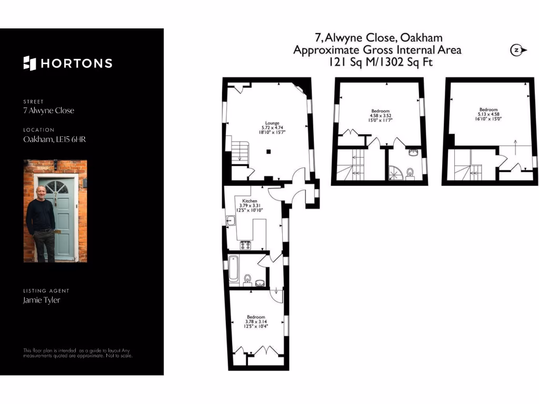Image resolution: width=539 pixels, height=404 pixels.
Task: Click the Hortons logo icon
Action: [x=29, y=63]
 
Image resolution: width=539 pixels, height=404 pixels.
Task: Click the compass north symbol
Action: [x=517, y=50]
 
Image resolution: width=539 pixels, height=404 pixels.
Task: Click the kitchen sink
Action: [x=230, y=221]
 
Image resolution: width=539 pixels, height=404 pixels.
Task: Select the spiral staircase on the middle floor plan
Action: [x=395, y=171]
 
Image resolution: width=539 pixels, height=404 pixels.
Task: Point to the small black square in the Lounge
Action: [x=268, y=152]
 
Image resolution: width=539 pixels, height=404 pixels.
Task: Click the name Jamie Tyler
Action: [x=42, y=300]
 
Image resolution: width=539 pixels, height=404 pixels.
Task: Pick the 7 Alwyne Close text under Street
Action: [x=48, y=110]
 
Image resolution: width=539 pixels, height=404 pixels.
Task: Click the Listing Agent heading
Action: [x=46, y=291]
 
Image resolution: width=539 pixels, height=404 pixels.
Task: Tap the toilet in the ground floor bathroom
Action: [x=247, y=278]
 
